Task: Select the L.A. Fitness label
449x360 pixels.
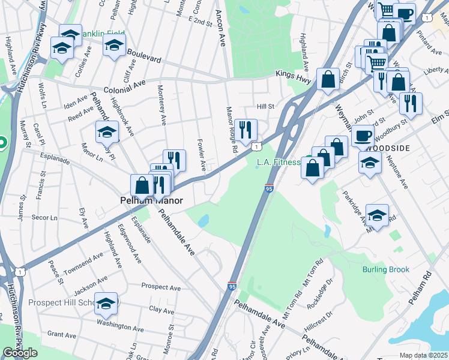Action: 278,162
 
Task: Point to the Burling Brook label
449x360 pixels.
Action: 385,269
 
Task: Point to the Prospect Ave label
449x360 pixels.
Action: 161,287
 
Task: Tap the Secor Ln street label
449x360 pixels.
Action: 44,217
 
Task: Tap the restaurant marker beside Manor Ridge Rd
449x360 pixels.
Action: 246,129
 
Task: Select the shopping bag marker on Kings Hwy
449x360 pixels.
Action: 328,79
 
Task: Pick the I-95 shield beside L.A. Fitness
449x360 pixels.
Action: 269,188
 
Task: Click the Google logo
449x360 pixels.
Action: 20,353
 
